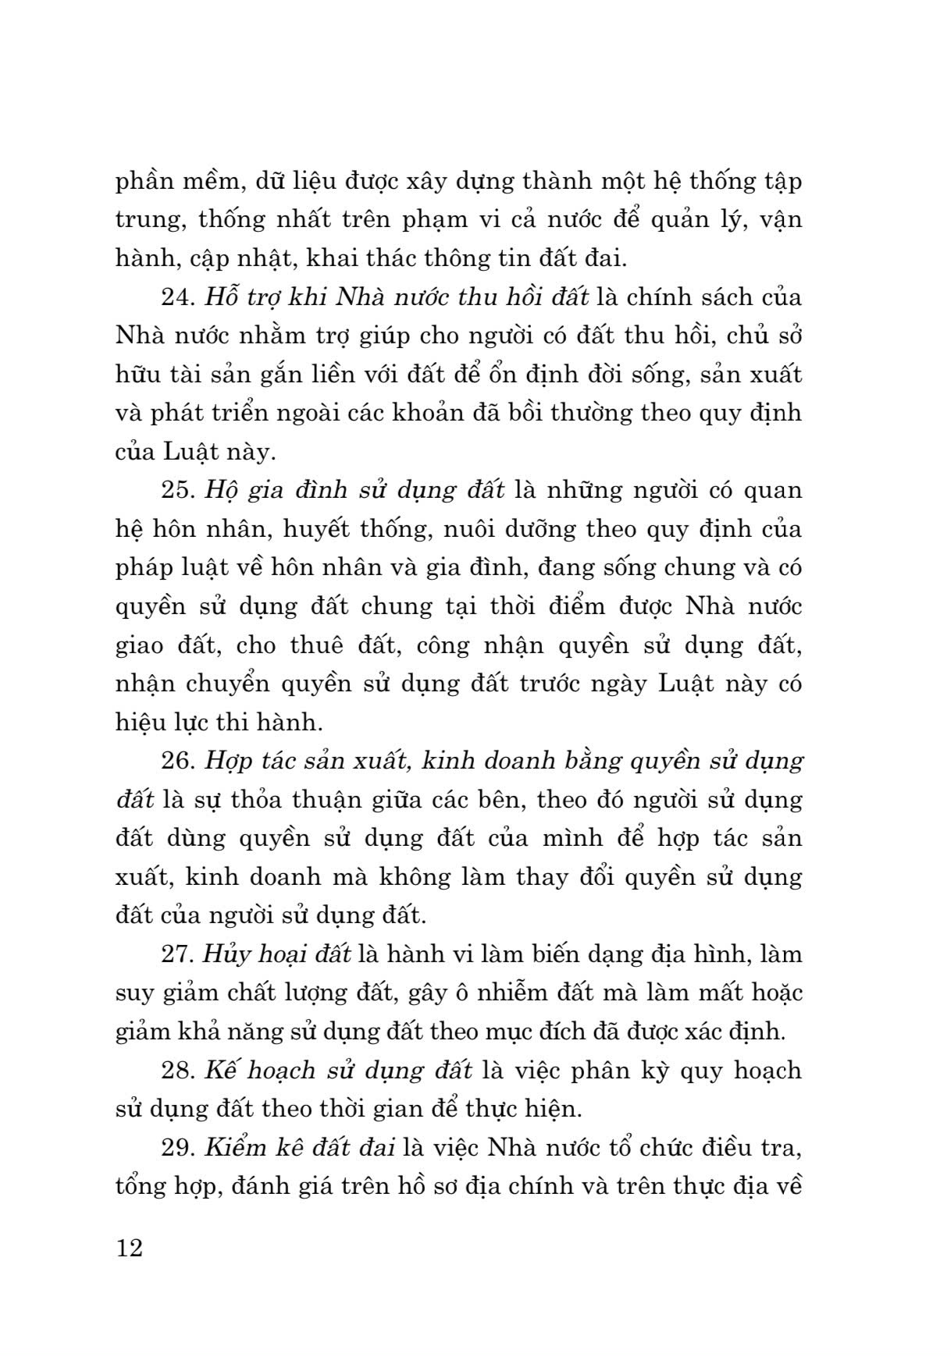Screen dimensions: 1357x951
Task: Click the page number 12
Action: coord(130,1248)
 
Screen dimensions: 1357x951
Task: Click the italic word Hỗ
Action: coord(219,298)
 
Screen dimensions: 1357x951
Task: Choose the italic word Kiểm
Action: coord(233,1148)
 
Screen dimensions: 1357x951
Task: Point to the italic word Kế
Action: coord(221,1071)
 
